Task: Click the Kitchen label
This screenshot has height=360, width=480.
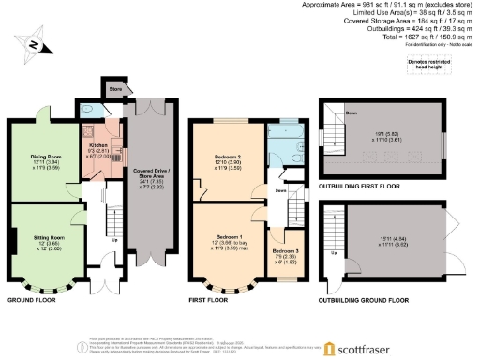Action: point(98,146)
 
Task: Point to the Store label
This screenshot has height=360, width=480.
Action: point(115,92)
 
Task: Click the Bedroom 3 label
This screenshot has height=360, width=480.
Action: point(284,252)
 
